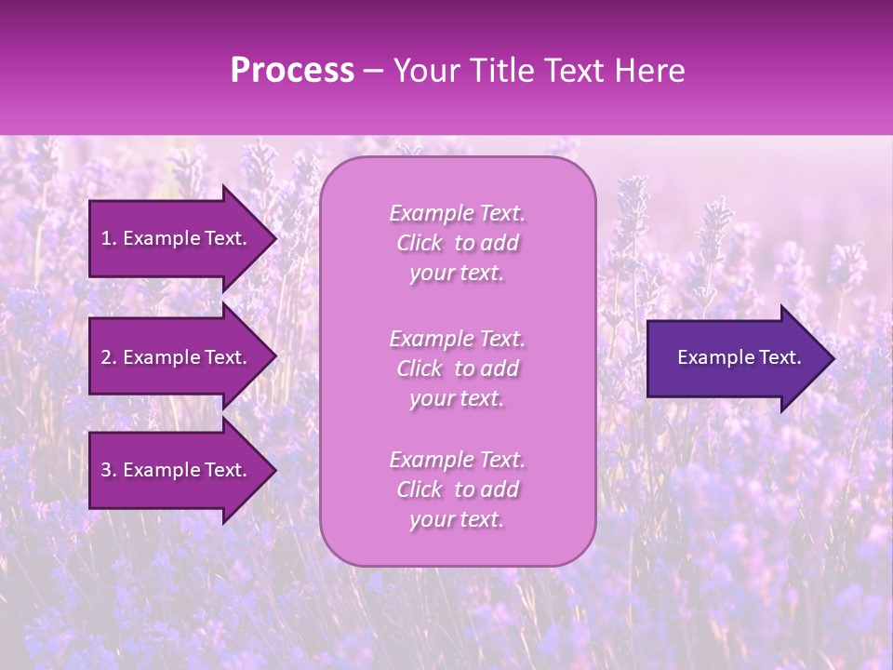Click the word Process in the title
click(x=292, y=71)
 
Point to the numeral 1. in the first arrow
click(x=109, y=238)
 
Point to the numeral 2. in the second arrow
click(x=109, y=357)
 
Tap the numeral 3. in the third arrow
click(x=109, y=470)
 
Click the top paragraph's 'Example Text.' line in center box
click(x=457, y=213)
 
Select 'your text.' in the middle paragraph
click(x=457, y=398)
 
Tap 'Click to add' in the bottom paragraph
click(x=457, y=489)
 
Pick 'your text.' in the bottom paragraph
click(x=457, y=519)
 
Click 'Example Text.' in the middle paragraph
click(x=457, y=339)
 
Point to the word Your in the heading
click(x=429, y=71)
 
